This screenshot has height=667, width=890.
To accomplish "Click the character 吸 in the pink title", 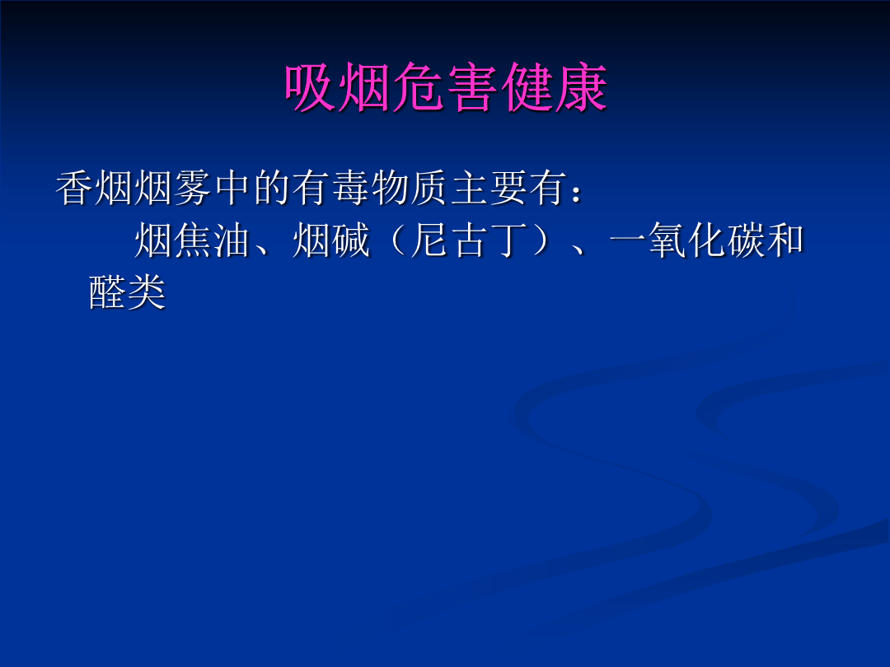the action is (x=310, y=87).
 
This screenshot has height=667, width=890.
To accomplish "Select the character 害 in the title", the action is (x=472, y=87).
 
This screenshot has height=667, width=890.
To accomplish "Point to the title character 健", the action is (x=527, y=87).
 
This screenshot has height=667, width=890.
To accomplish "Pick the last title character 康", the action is (x=581, y=87).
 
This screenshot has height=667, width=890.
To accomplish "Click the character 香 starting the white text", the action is (x=74, y=188).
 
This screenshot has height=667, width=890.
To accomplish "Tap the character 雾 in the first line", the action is (x=193, y=188).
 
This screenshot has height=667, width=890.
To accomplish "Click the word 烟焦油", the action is (x=194, y=240).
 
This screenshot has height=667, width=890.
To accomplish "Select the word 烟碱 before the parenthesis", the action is (x=331, y=240).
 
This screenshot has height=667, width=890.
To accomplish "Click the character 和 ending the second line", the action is (x=785, y=240).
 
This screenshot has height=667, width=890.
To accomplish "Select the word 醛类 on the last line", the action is (x=128, y=292).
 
